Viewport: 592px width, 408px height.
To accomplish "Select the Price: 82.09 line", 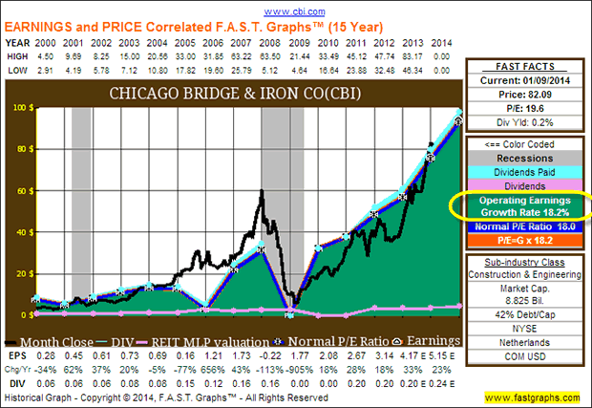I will click(x=526, y=97).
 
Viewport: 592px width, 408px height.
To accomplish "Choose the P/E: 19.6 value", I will click(x=526, y=109).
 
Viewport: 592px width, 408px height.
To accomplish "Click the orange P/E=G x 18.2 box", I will click(x=526, y=242).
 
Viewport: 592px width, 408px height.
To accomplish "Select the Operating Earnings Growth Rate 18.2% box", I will click(x=526, y=204).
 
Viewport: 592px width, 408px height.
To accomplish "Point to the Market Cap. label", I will click(x=526, y=289).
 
